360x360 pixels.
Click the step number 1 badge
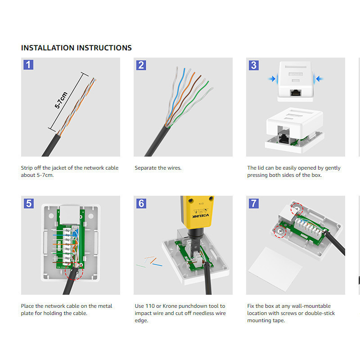pos(28,65)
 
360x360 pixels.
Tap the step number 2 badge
pos(141,65)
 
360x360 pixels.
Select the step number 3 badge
pos(254,65)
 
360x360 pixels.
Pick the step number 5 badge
pos(29,203)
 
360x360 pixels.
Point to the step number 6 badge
pos(141,203)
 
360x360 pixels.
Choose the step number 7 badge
pos(254,203)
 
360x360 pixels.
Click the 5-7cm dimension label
pos(61,100)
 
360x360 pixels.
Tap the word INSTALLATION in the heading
pos(48,48)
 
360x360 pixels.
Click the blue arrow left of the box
pos(272,79)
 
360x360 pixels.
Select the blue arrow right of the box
pos(319,79)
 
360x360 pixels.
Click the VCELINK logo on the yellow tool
pos(201,216)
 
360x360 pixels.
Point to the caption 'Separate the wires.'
pos(158,168)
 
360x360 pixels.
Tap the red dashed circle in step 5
pos(74,271)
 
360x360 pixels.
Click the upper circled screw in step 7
pos(297,209)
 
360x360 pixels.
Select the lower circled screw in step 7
pos(280,231)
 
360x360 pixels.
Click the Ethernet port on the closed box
pos(296,93)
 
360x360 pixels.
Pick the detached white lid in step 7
pos(275,269)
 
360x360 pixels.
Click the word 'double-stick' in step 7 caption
pos(320,313)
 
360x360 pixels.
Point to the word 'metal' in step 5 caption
pos(105,306)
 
